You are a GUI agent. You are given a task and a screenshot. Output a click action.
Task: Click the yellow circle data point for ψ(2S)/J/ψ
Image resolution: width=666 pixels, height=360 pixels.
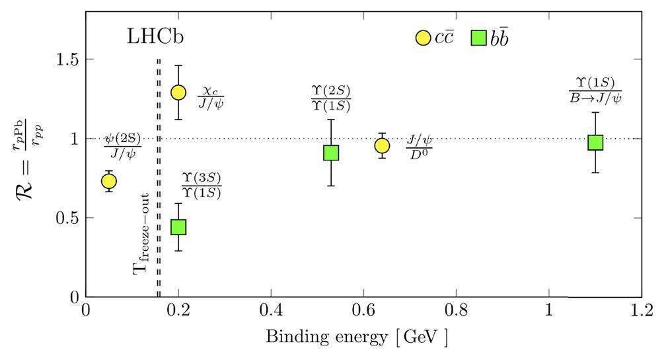coord(108,181)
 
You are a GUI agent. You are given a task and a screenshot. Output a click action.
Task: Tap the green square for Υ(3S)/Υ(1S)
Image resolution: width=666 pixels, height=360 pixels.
coord(178,227)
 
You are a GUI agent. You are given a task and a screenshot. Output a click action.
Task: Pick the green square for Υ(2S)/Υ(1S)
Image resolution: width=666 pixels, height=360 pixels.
coord(331,153)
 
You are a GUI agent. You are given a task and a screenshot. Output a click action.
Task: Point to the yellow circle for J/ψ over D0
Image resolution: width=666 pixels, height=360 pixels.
coord(382,145)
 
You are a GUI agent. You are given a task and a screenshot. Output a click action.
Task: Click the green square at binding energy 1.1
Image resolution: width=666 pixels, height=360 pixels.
coord(595,142)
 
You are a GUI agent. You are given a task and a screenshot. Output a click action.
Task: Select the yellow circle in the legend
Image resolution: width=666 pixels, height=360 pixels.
coord(424,38)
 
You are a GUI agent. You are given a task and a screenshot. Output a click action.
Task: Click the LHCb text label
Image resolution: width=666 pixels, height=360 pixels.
coord(155,37)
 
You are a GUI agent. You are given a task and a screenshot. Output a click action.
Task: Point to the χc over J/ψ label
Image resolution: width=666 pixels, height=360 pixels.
coord(210,97)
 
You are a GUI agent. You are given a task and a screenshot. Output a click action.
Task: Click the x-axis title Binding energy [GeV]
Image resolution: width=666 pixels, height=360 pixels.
coord(357,338)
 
